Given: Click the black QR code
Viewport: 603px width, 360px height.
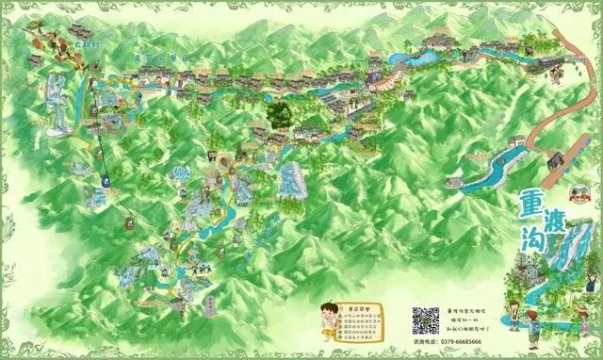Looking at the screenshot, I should coord(425,321).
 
